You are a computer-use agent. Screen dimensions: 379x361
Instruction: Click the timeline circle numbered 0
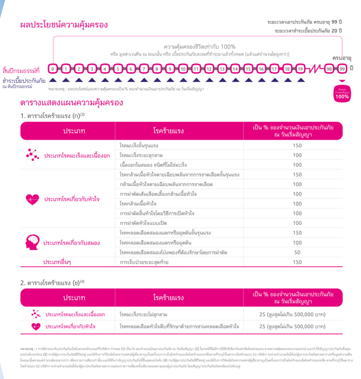[53, 69]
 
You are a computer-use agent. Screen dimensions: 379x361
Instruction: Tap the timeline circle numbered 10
[183, 69]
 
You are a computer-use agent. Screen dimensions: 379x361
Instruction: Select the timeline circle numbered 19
[300, 69]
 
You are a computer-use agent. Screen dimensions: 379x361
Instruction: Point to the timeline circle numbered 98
[329, 69]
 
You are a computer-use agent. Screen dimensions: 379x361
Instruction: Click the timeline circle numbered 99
[342, 69]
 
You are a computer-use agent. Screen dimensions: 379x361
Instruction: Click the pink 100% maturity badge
[342, 93]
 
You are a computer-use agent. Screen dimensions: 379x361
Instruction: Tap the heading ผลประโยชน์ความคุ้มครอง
[64, 25]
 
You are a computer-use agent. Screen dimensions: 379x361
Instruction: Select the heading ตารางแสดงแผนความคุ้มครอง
[72, 103]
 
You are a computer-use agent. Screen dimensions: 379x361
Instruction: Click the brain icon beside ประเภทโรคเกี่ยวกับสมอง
[32, 243]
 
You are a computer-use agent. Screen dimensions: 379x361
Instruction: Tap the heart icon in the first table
[32, 199]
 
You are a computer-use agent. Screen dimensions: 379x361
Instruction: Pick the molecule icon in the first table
[32, 155]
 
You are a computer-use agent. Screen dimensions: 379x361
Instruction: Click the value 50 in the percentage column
[297, 253]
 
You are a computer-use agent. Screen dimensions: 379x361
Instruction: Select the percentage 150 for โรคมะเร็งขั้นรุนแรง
[297, 146]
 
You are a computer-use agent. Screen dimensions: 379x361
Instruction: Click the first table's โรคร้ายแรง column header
[168, 131]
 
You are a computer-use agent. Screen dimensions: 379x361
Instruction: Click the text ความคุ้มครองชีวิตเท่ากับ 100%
[200, 47]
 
